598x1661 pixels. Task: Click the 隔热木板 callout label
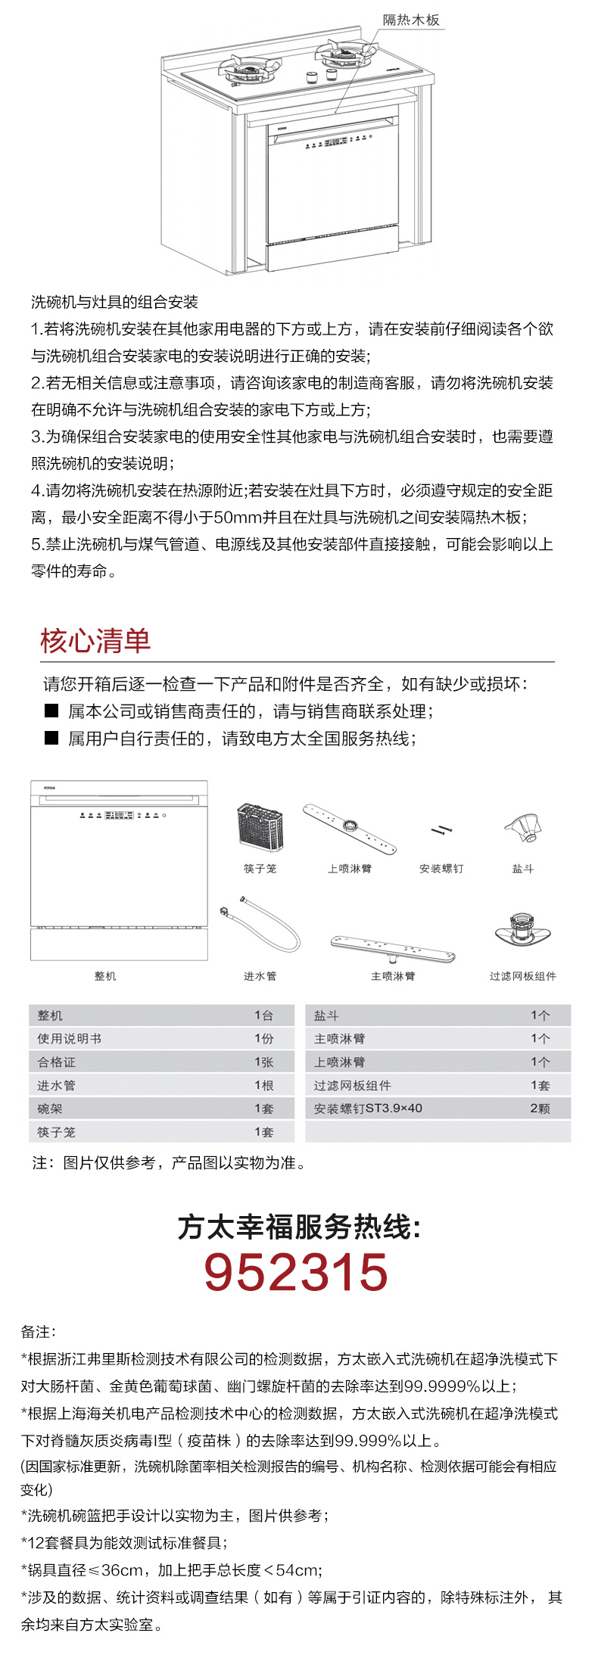tap(411, 20)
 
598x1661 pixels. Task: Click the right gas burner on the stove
tap(345, 53)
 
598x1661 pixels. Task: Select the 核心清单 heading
tap(95, 640)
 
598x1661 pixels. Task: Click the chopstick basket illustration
tap(260, 828)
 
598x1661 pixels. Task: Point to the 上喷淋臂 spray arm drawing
tap(350, 829)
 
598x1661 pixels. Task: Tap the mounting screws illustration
tap(441, 831)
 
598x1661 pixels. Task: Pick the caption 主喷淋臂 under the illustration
tap(393, 976)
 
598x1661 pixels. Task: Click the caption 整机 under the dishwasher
tap(105, 976)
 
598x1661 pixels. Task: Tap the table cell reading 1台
tap(263, 1016)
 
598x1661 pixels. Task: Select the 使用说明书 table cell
tap(70, 1039)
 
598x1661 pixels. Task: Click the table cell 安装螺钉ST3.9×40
tap(368, 1109)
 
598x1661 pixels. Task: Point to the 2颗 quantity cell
tap(540, 1109)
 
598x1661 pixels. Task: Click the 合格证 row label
tap(57, 1062)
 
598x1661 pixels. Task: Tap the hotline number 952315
tap(296, 1272)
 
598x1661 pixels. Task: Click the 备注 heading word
tap(38, 1332)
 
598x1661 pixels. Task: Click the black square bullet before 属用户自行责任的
tap(51, 738)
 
